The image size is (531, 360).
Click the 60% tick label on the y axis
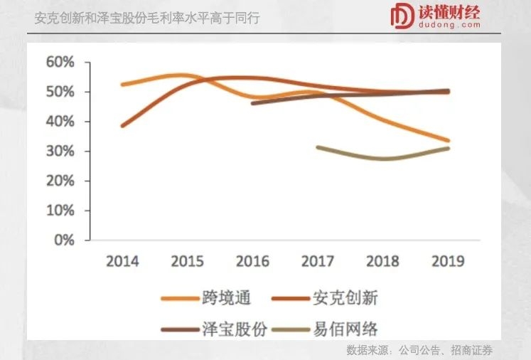pos(60,63)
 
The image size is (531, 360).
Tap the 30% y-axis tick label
pos(60,152)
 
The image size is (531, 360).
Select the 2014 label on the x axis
pos(122,261)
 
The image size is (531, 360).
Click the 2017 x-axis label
pos(317,261)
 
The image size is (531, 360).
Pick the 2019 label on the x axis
pos(448,261)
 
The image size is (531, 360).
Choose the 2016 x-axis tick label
pos(252,261)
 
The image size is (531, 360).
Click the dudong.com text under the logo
pos(449,26)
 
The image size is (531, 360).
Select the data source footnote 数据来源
pos(419,350)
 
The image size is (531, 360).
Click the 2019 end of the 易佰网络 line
pos(448,148)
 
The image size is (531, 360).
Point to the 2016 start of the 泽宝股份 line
pos(253,103)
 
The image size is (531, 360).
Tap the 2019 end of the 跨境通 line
pos(448,140)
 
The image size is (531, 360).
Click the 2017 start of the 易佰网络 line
pos(318,147)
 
